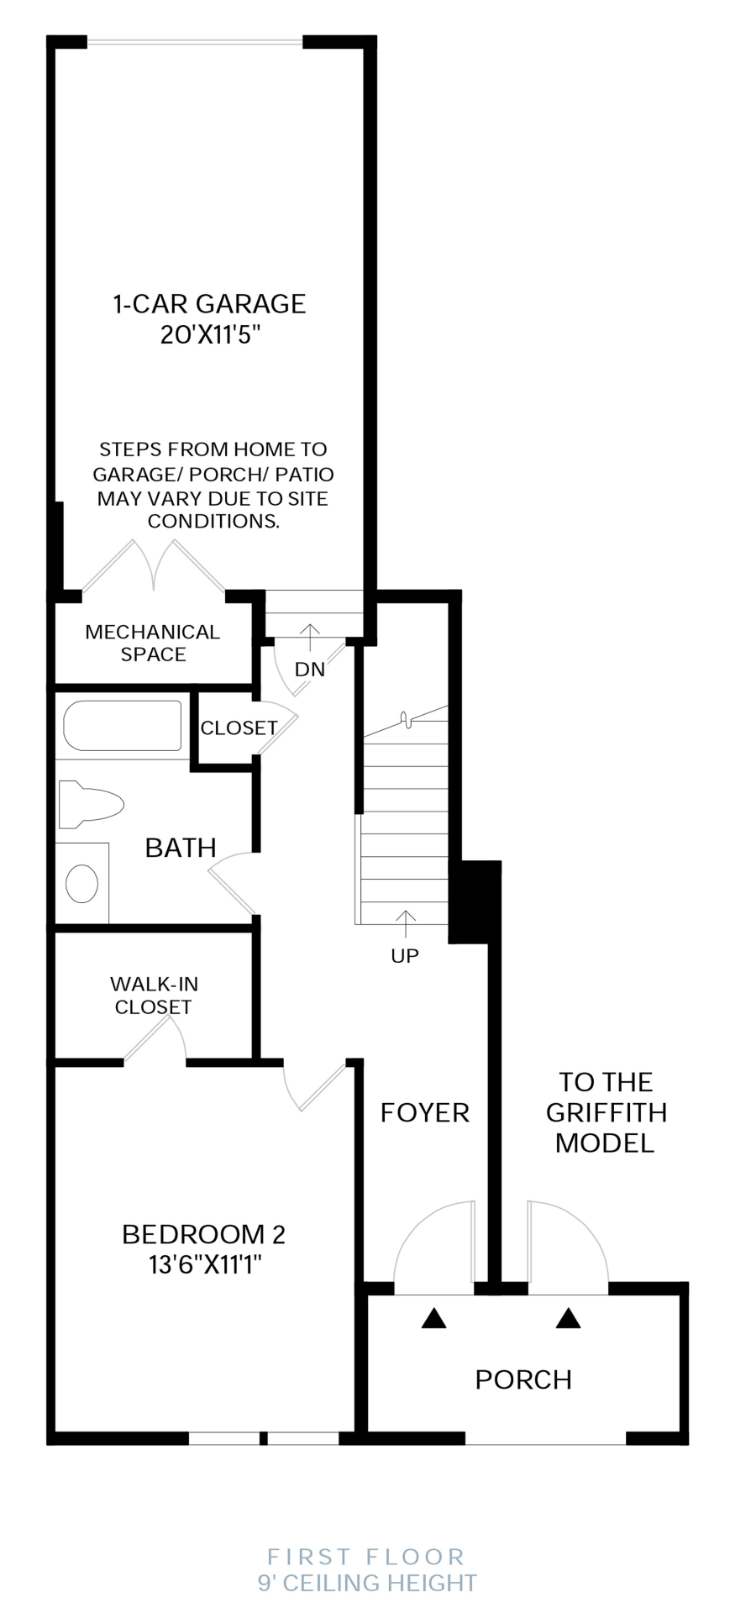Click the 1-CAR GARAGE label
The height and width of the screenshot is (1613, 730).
pos(209,304)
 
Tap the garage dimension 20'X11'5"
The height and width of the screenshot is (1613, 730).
pos(211,335)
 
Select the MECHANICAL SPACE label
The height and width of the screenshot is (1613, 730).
pos(153,643)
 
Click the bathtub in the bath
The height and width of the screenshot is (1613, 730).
pos(123,725)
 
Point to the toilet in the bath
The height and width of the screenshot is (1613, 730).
pos(91,804)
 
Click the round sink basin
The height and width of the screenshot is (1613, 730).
pos(82,884)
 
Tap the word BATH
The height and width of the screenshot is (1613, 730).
pos(181,848)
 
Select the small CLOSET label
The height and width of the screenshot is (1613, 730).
pos(239,728)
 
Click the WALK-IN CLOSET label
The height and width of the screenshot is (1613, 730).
pos(154,995)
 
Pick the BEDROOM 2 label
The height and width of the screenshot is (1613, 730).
pos(203,1234)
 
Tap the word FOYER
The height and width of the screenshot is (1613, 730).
pos(424,1112)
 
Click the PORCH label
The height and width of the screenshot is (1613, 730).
pos(523,1379)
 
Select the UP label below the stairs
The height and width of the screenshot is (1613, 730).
pos(405,955)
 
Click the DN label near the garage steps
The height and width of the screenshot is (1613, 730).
pos(310,670)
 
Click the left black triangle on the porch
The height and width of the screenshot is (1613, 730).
pos(433,1318)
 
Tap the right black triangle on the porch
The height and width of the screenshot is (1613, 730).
pos(569,1318)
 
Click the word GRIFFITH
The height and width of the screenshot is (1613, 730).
pos(606,1112)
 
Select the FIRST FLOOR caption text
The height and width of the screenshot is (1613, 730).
pos(366,1557)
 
